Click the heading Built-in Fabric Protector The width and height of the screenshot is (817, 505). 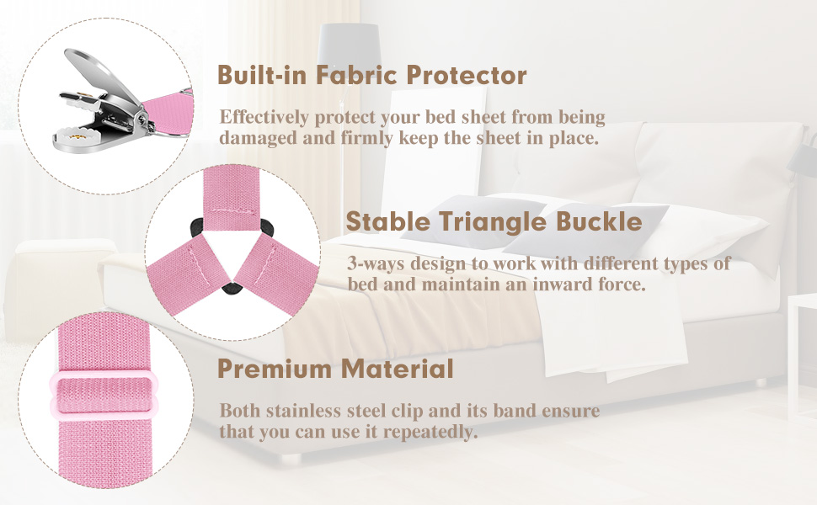tap(371, 75)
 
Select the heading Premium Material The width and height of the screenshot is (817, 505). tap(335, 368)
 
